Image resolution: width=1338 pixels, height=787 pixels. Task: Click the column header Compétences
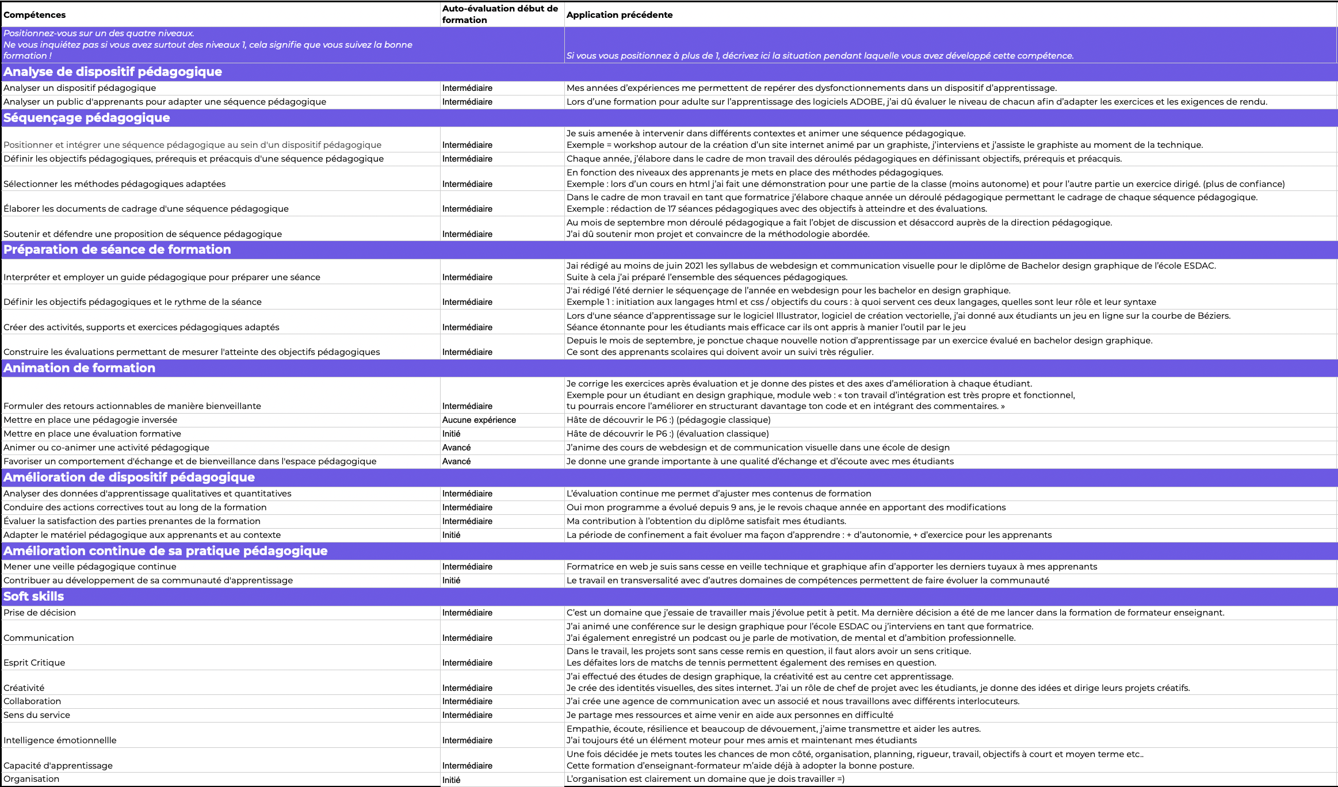point(35,15)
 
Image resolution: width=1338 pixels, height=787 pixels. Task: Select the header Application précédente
point(619,15)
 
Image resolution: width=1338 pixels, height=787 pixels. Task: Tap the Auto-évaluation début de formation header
point(500,14)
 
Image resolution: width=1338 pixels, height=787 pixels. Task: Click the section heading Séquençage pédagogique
point(87,118)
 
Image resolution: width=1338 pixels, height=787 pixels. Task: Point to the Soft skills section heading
point(34,597)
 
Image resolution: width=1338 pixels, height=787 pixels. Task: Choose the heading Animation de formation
point(79,368)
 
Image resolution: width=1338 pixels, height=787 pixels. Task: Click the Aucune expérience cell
point(479,420)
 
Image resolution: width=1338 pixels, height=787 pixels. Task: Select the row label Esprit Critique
point(35,663)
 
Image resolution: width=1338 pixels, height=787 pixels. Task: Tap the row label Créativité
point(24,688)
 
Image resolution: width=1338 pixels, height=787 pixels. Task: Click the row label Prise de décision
point(40,613)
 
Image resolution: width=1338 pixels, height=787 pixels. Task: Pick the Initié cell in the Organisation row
point(451,780)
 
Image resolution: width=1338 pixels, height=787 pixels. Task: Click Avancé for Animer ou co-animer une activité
point(456,448)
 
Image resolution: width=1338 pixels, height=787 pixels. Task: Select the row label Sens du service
point(37,715)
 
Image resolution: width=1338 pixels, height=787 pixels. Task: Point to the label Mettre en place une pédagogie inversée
point(90,420)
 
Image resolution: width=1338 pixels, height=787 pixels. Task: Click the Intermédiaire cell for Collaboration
point(467,701)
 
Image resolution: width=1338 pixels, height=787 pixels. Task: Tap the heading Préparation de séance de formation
point(117,250)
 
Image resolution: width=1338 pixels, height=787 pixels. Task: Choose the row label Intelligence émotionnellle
point(60,740)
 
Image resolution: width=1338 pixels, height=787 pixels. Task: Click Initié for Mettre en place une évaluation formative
point(451,434)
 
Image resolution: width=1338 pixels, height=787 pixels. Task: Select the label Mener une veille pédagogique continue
point(90,567)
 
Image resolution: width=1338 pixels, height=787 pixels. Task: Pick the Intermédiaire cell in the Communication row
point(467,638)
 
